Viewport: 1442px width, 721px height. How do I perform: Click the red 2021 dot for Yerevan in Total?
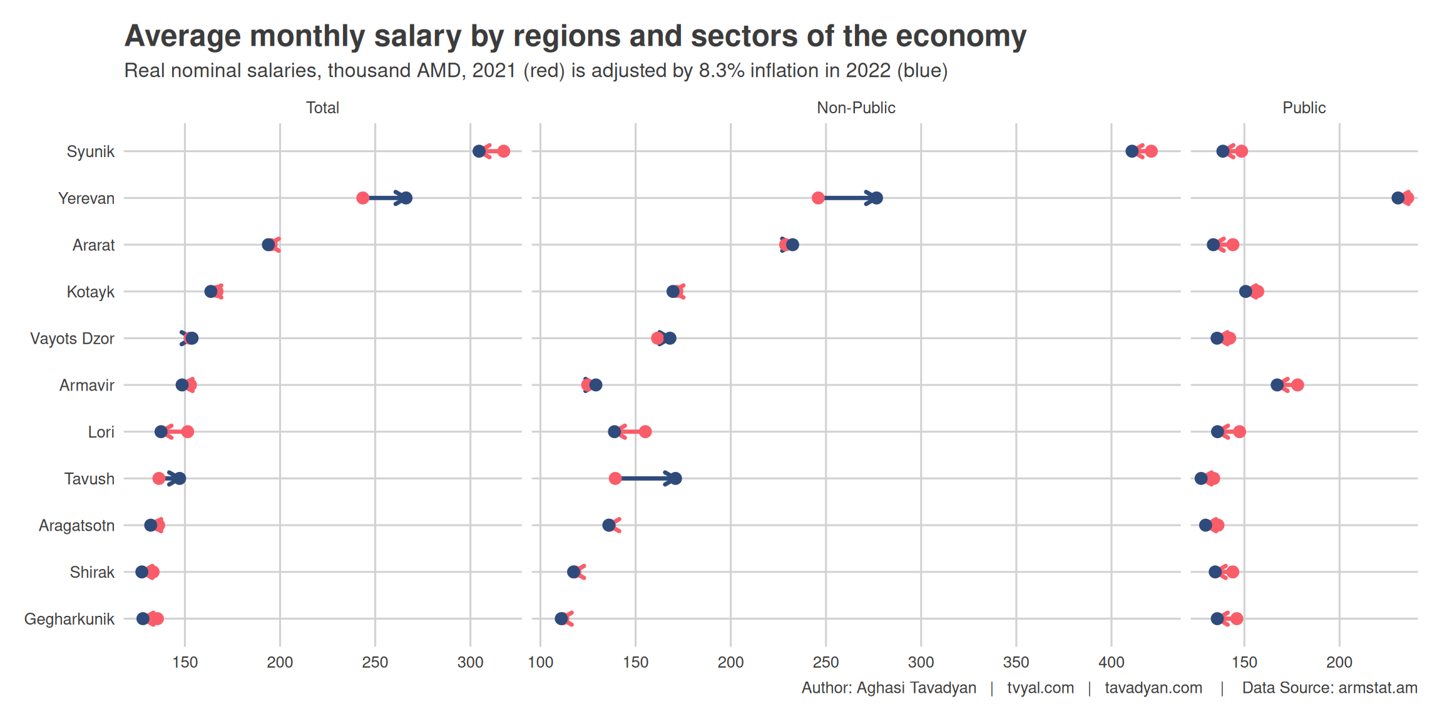point(362,198)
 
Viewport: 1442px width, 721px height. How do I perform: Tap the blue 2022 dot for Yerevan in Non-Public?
point(877,198)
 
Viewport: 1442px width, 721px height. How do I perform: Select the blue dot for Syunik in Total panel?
point(479,151)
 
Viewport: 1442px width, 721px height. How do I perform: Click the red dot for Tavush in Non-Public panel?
point(615,479)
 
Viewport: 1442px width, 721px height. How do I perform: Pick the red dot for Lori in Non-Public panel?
point(645,432)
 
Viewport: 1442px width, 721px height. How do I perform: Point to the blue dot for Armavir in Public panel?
point(1277,385)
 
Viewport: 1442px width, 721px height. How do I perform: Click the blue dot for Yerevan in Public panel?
point(1398,198)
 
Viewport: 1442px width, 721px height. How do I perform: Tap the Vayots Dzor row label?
point(72,339)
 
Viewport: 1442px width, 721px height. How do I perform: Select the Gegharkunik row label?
point(69,619)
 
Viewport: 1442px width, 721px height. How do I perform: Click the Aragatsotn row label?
point(76,525)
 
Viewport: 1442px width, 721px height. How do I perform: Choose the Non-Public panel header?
point(856,108)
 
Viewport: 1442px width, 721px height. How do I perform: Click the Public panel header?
point(1304,108)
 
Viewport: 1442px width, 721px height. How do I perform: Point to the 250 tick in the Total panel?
point(375,662)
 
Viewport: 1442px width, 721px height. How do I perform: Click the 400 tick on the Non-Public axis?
point(1112,662)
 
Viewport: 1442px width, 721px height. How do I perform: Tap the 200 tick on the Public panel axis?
point(1339,662)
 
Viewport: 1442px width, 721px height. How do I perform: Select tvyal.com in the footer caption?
point(1040,688)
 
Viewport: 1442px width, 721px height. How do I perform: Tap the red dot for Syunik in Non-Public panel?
point(1151,151)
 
